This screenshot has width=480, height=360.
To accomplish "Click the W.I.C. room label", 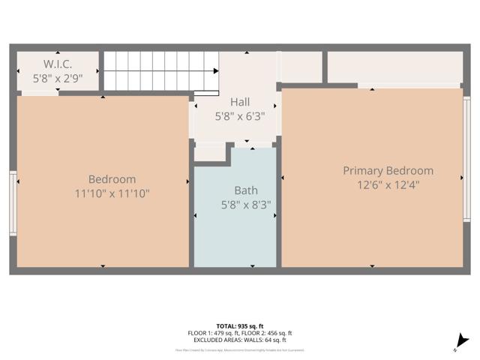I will click(x=56, y=64).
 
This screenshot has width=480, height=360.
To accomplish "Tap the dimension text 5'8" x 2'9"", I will click(x=57, y=77).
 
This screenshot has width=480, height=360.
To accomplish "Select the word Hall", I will click(x=240, y=102).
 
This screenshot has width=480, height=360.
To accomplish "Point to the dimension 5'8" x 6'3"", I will click(x=240, y=116).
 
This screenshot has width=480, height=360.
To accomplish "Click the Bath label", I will click(x=245, y=190).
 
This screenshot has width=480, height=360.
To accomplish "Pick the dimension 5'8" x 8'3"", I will click(x=245, y=204).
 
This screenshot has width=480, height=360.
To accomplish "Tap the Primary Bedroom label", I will click(x=388, y=171).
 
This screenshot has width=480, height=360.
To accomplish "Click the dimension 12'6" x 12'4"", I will click(x=388, y=185).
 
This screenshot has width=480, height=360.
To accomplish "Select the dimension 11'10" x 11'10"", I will click(x=112, y=193).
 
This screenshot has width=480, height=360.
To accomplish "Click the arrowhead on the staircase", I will click(x=216, y=71).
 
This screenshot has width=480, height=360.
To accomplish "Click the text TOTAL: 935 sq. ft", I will click(x=240, y=325).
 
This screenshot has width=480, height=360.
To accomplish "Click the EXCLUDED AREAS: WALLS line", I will click(x=240, y=340).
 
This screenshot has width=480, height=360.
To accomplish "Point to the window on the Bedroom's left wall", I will click(x=13, y=202).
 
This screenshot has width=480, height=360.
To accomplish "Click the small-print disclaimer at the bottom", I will click(x=240, y=350).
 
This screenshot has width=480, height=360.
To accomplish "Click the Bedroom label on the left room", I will click(x=112, y=179).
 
